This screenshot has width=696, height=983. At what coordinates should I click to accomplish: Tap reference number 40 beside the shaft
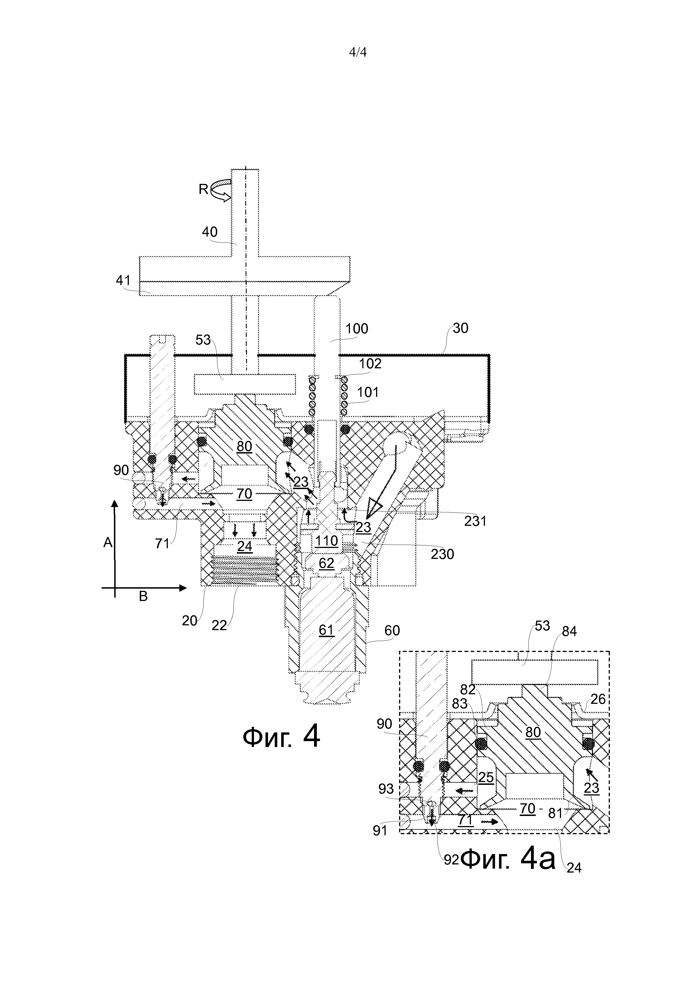tap(210, 232)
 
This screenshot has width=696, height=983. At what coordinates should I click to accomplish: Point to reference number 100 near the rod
tap(357, 329)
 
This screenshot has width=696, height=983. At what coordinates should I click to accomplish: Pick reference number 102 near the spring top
tap(370, 364)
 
